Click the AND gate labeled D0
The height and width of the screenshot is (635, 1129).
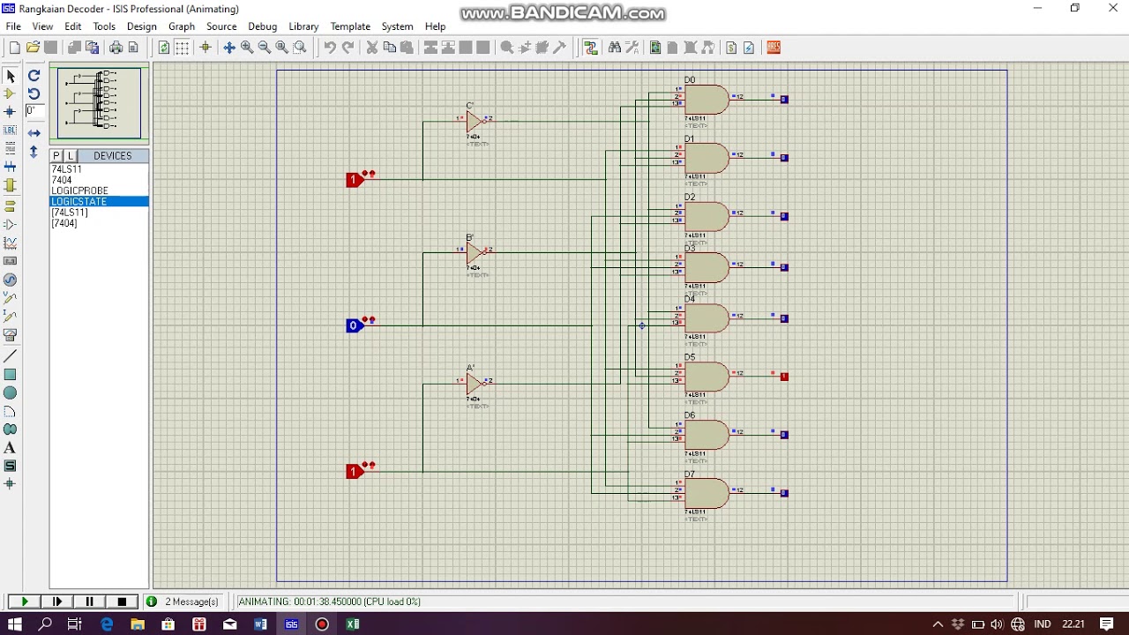coord(706,100)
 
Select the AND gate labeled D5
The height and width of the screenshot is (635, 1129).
coord(706,377)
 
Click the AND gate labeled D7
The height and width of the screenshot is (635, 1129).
coord(706,493)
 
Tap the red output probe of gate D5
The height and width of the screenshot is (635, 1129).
coord(784,377)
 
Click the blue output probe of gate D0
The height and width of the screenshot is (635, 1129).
coord(784,100)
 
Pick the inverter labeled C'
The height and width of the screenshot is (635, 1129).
coord(475,120)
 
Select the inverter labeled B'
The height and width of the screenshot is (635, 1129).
coord(475,252)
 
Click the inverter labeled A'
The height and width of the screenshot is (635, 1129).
coord(475,383)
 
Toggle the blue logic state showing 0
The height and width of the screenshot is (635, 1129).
coord(354,325)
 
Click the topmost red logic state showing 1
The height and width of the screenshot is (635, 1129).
coord(354,180)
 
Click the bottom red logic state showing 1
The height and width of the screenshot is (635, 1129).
coord(354,472)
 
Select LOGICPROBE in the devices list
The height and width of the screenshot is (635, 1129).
coord(79,190)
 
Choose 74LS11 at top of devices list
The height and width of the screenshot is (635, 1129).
coord(66,169)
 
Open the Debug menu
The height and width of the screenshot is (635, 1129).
coord(262,26)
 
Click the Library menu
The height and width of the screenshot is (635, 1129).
coord(303,26)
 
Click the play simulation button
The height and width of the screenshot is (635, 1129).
coord(25,601)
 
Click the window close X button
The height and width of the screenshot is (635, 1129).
coord(1112,9)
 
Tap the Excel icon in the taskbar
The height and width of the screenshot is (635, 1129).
coord(353,624)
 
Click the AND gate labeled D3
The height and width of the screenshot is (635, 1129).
coord(706,267)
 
